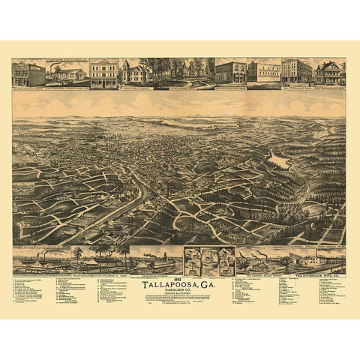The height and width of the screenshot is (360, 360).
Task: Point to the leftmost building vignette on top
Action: (x=28, y=73)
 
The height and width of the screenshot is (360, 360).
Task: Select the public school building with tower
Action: (x=136, y=73)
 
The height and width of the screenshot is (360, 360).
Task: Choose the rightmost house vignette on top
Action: (x=329, y=73)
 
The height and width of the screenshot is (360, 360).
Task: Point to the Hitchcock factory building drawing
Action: (x=319, y=260)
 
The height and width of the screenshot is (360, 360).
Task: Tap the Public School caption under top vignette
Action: (x=136, y=88)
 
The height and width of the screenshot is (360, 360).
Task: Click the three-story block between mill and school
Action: (x=103, y=73)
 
